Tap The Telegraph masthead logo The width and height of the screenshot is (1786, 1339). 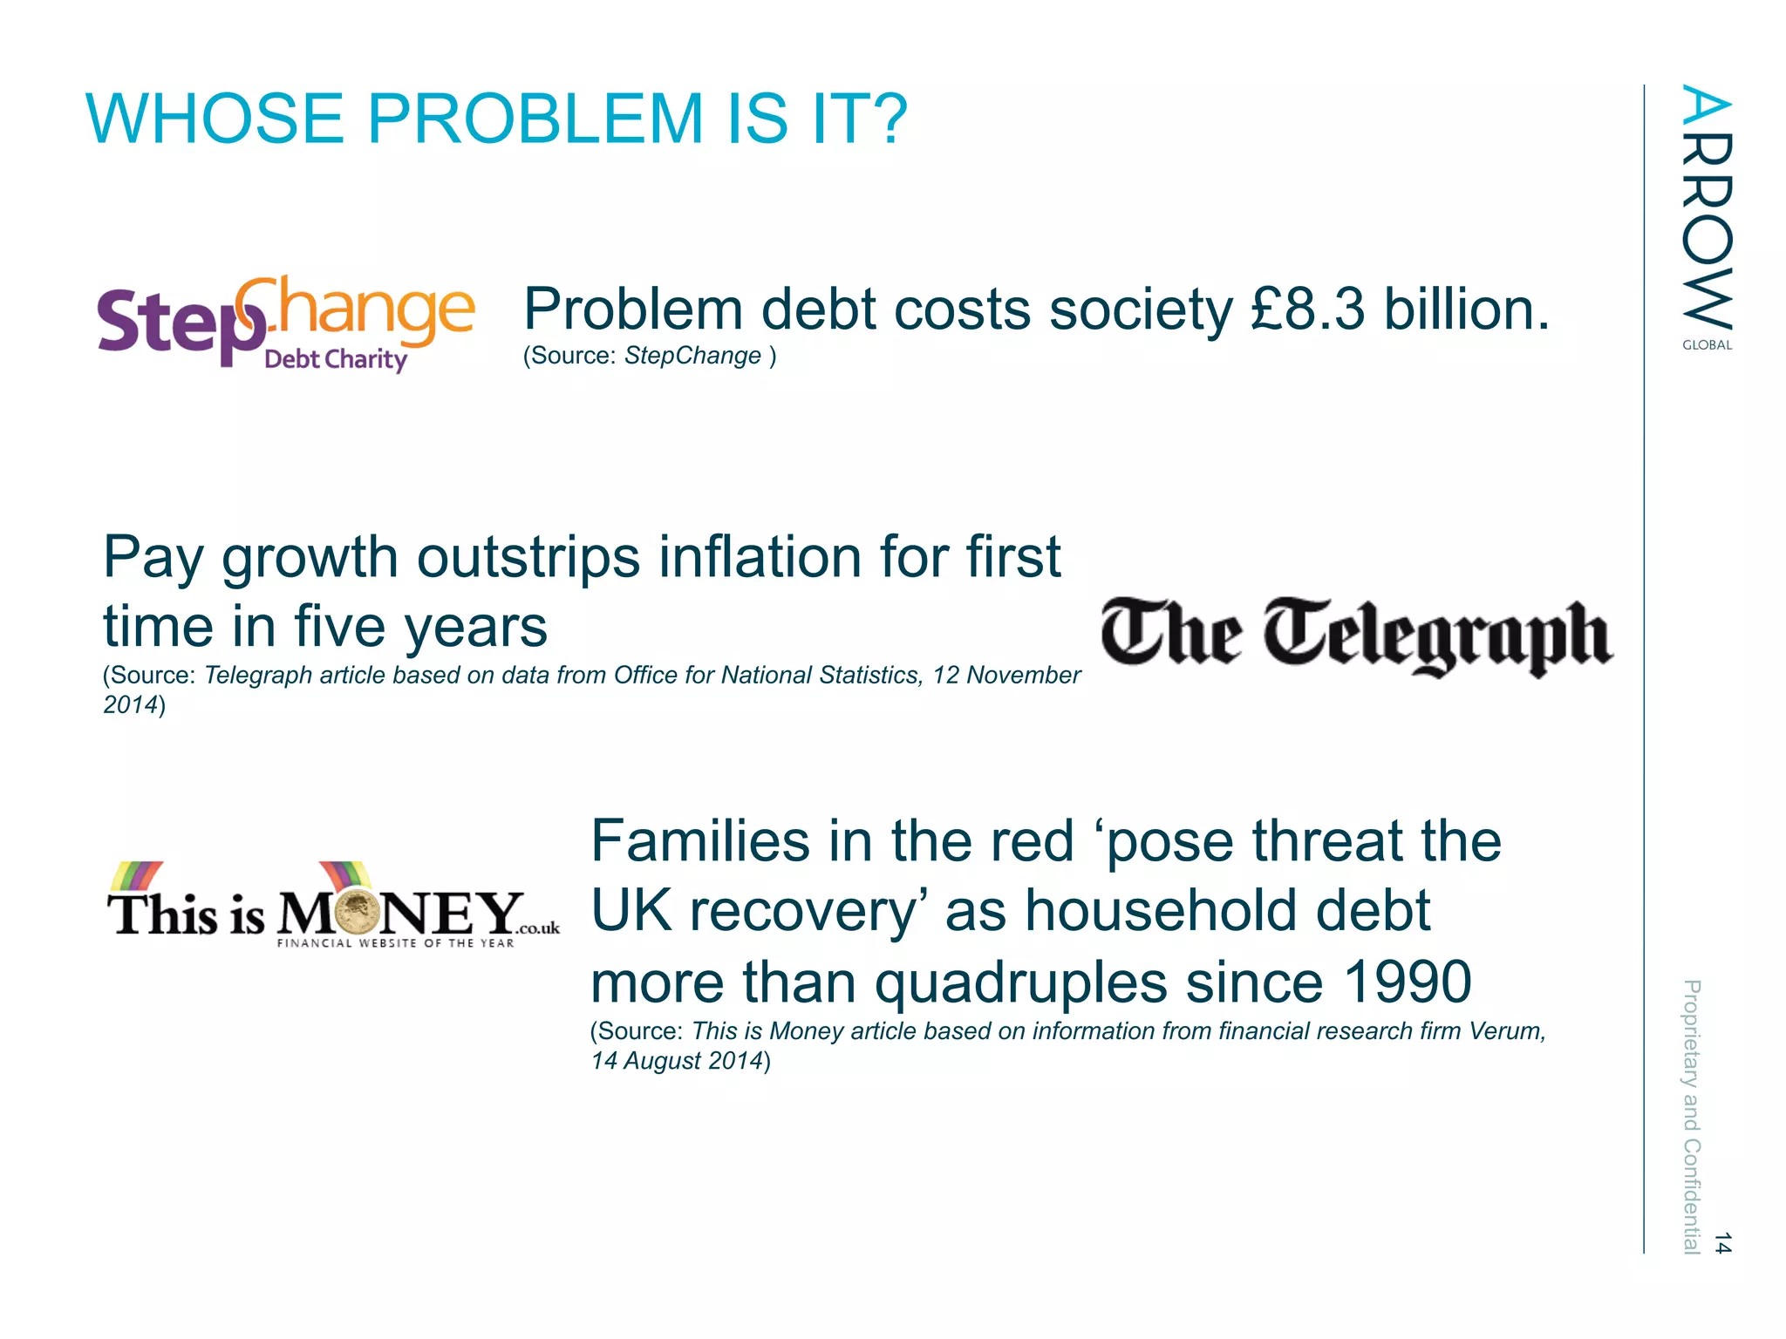coord(1356,636)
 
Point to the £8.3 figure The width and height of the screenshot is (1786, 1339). coord(1307,309)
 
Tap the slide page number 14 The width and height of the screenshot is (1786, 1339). coord(1721,1243)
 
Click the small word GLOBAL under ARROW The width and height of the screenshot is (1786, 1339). coord(1707,345)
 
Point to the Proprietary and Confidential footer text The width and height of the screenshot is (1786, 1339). coord(1691,1116)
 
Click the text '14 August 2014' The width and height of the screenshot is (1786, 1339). coord(677,1061)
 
